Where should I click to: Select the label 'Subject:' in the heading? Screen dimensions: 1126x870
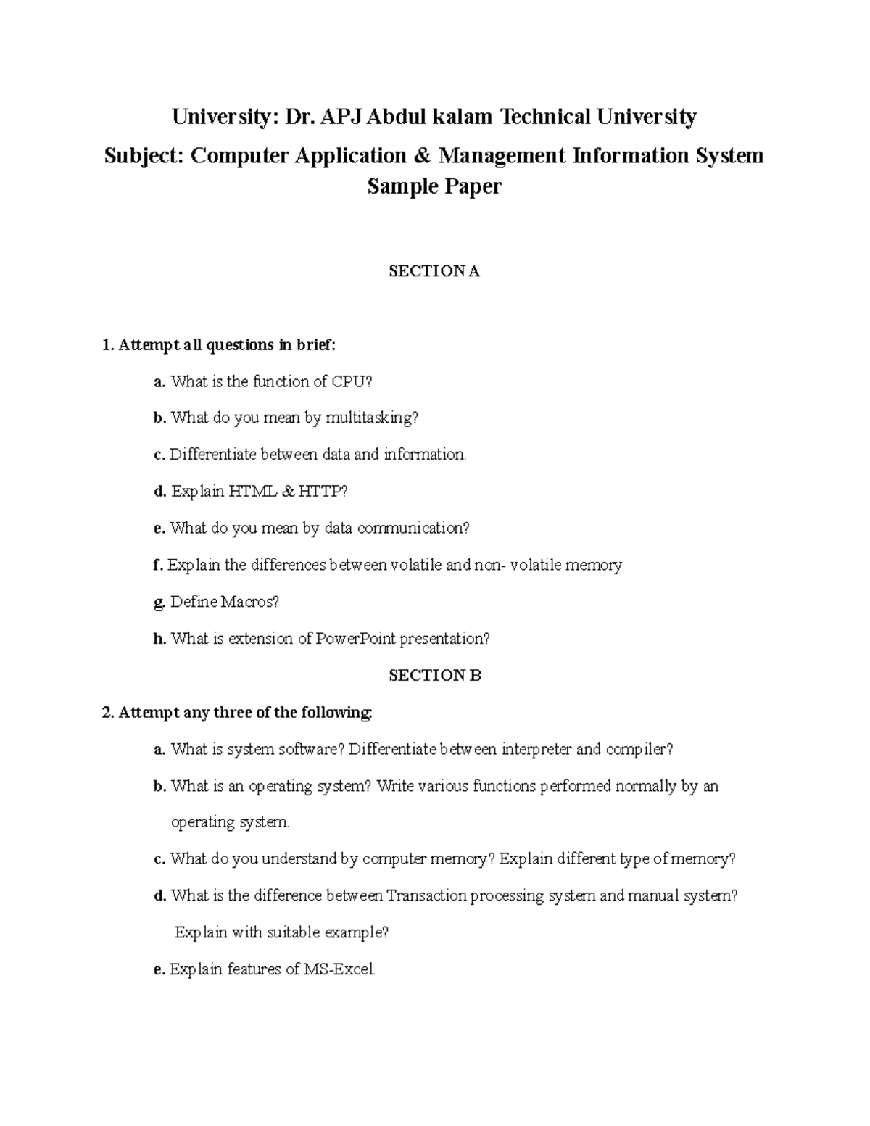point(144,156)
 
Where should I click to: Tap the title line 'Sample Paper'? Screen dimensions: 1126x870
point(434,187)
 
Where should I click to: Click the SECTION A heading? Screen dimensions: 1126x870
point(434,272)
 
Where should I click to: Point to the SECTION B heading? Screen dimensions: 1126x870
point(434,676)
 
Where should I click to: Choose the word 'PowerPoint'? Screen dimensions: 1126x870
point(356,639)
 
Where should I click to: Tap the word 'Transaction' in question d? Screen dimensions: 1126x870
point(426,896)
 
